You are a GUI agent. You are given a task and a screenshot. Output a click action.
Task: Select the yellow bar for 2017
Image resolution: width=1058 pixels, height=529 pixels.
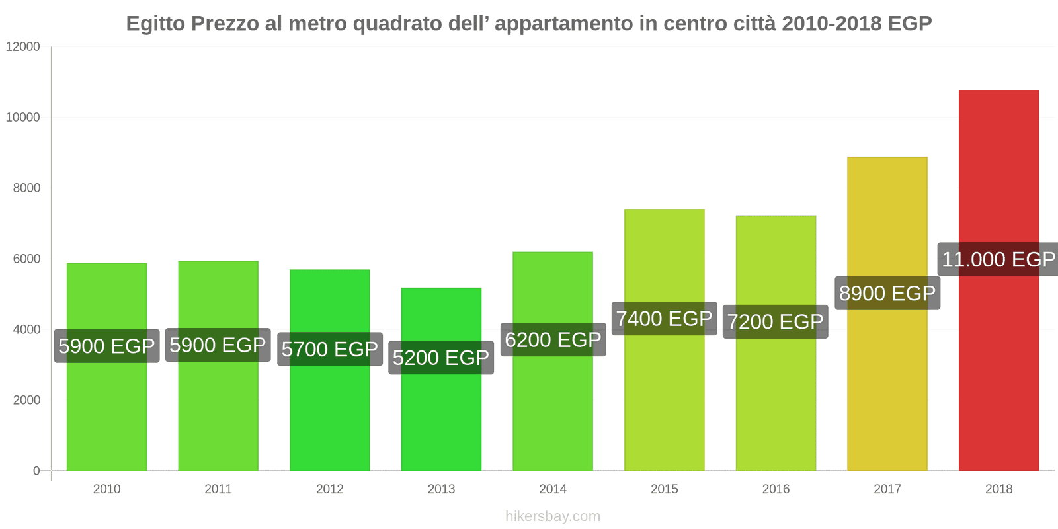[x=887, y=384]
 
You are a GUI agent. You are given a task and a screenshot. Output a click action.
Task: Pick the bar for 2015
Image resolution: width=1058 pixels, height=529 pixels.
[x=664, y=397]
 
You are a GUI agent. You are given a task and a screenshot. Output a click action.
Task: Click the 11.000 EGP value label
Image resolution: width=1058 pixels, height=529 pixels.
[x=998, y=259]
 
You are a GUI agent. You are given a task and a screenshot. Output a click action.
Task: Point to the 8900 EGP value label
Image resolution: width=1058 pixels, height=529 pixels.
[x=887, y=293]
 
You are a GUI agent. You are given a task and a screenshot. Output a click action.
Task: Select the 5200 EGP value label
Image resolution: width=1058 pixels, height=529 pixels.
[x=441, y=358]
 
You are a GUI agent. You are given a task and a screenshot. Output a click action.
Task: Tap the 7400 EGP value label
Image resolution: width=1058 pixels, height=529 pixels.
[x=664, y=319]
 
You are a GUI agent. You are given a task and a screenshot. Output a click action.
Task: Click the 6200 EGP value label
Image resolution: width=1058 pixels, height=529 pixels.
[x=553, y=340]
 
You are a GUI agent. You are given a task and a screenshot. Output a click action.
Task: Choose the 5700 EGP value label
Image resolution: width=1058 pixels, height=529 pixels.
[x=329, y=349]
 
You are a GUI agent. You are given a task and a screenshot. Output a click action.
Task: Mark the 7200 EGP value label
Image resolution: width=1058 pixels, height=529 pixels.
[x=775, y=322]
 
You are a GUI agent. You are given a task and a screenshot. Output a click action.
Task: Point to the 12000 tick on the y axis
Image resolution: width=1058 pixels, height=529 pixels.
[x=23, y=47]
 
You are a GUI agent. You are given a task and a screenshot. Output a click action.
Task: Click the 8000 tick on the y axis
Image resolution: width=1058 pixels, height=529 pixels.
[x=26, y=188]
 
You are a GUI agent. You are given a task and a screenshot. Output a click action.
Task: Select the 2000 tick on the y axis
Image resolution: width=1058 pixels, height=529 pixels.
[x=26, y=400]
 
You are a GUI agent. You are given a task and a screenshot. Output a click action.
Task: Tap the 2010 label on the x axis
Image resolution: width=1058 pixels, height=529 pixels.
[x=106, y=489]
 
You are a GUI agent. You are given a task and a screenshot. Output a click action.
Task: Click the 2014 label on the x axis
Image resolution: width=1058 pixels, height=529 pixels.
[x=553, y=489]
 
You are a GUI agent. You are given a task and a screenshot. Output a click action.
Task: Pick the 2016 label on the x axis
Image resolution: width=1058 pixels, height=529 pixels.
[x=776, y=489]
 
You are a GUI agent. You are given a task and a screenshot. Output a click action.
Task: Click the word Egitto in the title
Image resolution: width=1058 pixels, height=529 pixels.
[x=155, y=24]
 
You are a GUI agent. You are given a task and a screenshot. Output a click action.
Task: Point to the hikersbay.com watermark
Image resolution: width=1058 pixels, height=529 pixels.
[x=553, y=516]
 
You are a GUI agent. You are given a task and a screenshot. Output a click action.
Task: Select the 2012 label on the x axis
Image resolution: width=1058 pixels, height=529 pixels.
[x=329, y=489]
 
